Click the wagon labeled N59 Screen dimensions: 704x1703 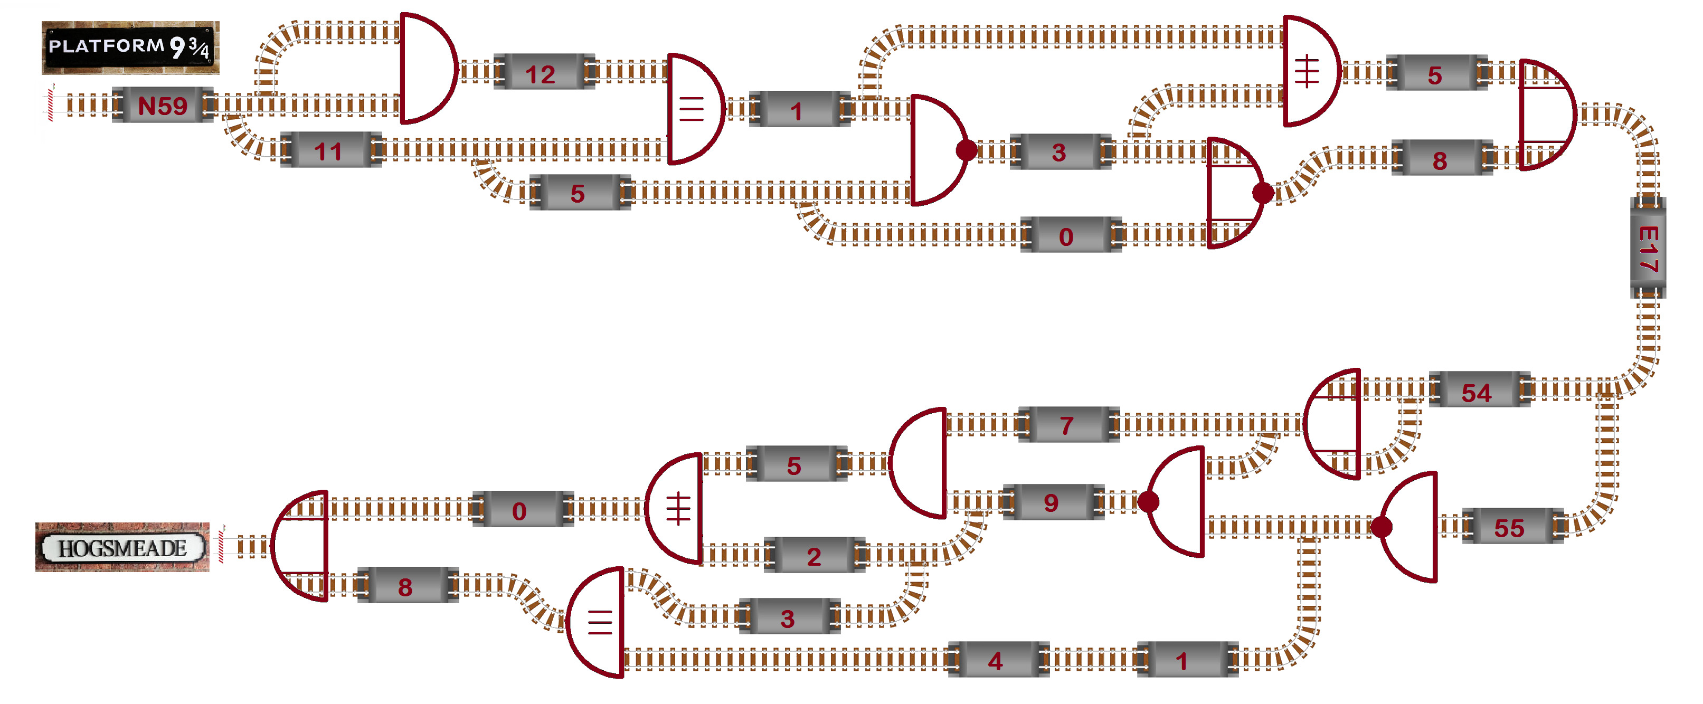163,105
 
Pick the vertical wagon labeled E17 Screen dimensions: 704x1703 1648,248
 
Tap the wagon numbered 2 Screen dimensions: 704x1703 814,555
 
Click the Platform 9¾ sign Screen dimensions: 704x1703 130,47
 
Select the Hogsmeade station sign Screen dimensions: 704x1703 123,547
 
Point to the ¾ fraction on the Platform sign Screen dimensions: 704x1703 199,47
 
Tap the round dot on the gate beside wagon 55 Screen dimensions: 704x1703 1381,527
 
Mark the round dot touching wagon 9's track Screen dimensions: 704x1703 1148,502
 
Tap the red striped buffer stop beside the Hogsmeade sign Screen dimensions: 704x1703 222,545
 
